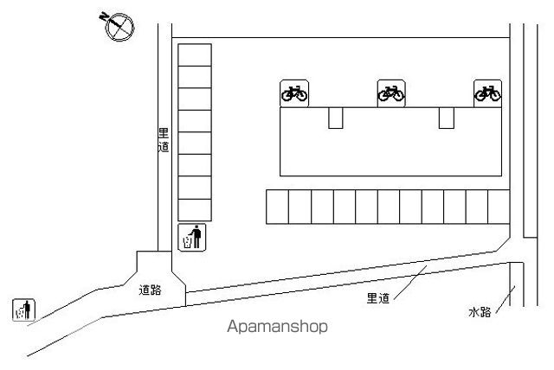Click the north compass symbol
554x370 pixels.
pos(119,27)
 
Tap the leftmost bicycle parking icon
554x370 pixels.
pos(294,93)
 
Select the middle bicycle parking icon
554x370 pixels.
pos(391,93)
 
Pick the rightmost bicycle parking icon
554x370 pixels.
pos(487,93)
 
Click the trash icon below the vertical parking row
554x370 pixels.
pos(192,238)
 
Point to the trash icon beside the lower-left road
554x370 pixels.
pos(23,309)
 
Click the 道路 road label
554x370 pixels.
pos(150,290)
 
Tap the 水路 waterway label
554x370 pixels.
pos(480,312)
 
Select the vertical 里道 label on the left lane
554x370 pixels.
pos(164,140)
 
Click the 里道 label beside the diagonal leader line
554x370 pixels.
pos(378,298)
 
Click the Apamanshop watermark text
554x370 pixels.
pos(277,327)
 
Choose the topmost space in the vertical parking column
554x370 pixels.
pos(195,54)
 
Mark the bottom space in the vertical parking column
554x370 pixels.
pos(195,210)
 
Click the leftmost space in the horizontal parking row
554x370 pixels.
pos(277,207)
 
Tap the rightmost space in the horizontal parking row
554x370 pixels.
pos(499,207)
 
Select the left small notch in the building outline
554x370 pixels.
pos(336,118)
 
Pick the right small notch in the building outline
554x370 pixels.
pos(447,118)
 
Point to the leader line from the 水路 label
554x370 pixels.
pos(506,299)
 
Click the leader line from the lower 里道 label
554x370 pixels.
pos(410,283)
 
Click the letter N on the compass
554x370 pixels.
pos(104,16)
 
